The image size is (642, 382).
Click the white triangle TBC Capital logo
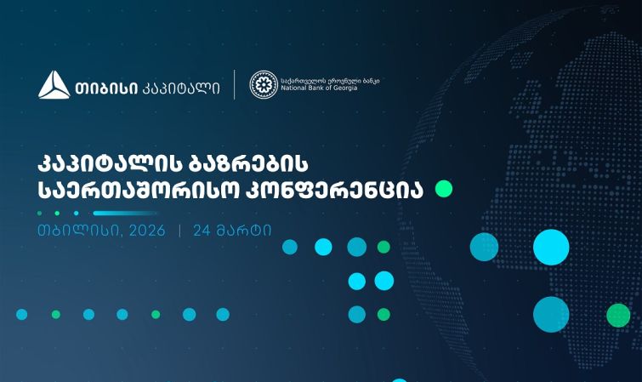[x=54, y=85]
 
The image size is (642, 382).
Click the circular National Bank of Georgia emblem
[x=263, y=85]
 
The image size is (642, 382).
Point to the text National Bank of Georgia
[x=318, y=88]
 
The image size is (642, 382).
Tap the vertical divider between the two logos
[x=235, y=85]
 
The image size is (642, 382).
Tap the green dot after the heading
[x=444, y=189]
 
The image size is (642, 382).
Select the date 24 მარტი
[x=232, y=230]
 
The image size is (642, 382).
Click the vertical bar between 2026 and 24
[x=179, y=230]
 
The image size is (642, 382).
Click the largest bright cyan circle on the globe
[x=551, y=247]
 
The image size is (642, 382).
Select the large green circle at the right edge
[x=618, y=315]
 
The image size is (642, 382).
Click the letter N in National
[x=281, y=88]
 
